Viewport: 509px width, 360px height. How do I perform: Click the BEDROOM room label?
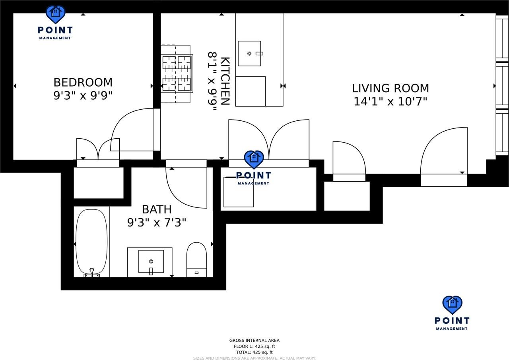point(83,82)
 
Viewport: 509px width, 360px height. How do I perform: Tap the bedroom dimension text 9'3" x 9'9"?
point(83,95)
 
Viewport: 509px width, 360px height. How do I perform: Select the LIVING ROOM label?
point(390,88)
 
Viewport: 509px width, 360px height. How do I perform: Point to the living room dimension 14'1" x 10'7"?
point(390,101)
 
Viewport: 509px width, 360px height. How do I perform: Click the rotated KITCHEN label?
point(225,81)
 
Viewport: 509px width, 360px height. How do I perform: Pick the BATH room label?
point(157,209)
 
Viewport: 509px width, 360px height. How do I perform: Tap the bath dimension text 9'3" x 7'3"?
point(157,223)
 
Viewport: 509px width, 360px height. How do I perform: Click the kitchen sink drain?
point(249,54)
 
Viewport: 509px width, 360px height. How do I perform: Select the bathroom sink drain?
point(151,261)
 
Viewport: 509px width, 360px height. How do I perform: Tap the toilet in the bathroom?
point(196,260)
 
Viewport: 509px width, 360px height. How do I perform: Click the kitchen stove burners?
point(177,74)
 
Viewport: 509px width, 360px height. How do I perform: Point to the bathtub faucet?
point(92,272)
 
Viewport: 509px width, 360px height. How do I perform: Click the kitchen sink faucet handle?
point(259,54)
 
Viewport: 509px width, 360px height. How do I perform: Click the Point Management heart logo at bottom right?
point(452,305)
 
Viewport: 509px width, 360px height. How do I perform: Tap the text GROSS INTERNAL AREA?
point(254,341)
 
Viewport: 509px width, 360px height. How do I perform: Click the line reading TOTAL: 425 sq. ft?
point(254,352)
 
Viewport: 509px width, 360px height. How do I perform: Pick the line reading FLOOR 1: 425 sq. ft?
point(254,346)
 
